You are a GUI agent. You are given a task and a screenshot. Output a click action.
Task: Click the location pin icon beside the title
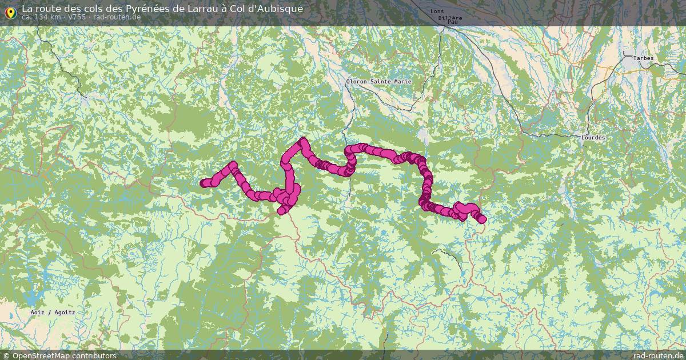[10, 11]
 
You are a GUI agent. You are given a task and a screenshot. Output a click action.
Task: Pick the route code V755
[77, 17]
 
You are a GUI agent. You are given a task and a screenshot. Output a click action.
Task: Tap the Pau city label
[453, 22]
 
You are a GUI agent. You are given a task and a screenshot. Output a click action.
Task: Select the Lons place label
[437, 11]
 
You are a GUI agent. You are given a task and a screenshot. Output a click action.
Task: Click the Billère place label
[449, 18]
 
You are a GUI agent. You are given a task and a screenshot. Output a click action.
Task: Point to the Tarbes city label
[643, 58]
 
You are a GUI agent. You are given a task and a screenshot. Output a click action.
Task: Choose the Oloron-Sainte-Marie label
[378, 82]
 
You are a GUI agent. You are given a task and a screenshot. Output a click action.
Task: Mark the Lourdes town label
[592, 138]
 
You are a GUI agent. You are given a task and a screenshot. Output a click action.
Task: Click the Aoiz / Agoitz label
[53, 313]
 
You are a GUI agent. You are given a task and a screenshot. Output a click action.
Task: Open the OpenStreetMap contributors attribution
[64, 355]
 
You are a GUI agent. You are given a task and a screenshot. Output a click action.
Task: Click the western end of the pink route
[204, 183]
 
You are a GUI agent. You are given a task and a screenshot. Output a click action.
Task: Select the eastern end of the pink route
[482, 219]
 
